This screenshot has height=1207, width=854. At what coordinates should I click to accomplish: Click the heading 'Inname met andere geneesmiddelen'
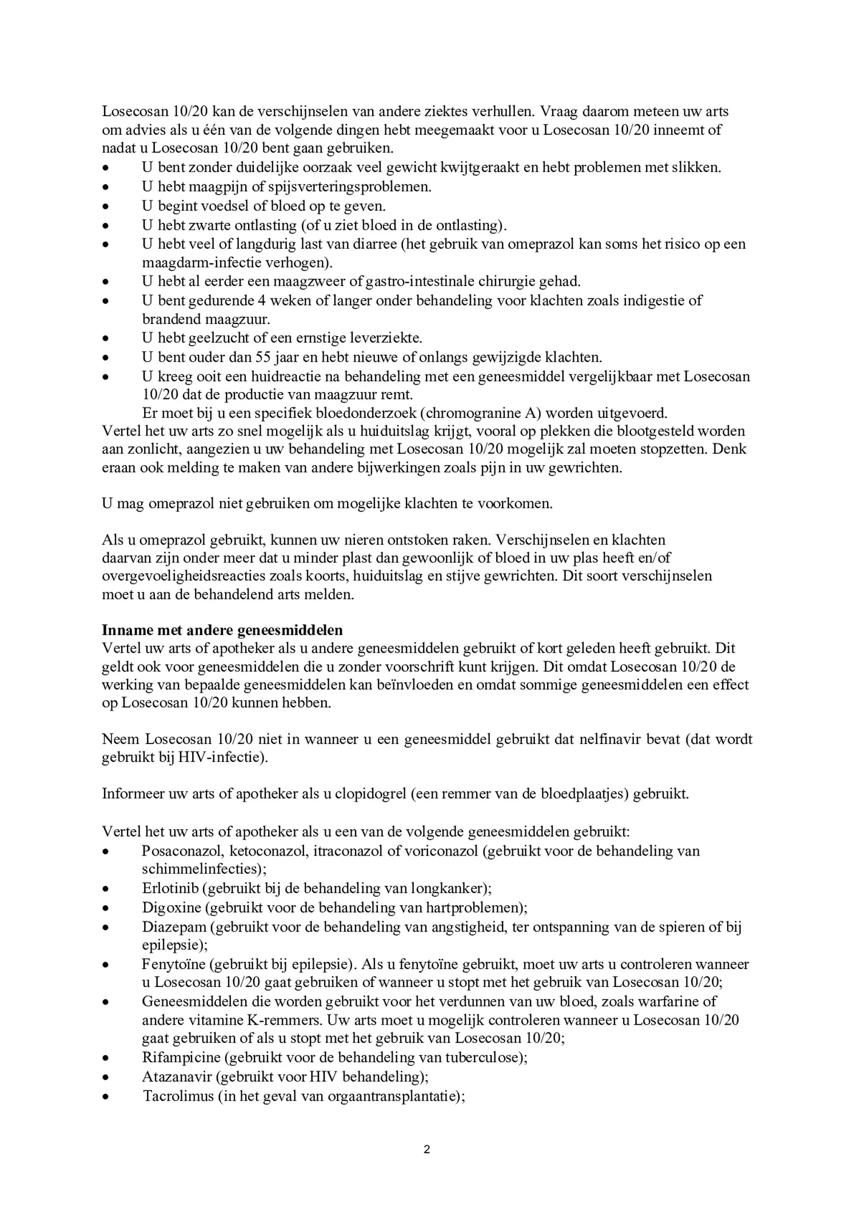(x=222, y=630)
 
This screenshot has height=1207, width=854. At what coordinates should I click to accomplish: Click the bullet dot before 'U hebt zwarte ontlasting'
(x=105, y=226)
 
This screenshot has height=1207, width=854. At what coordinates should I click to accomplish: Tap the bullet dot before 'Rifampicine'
(x=105, y=1058)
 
